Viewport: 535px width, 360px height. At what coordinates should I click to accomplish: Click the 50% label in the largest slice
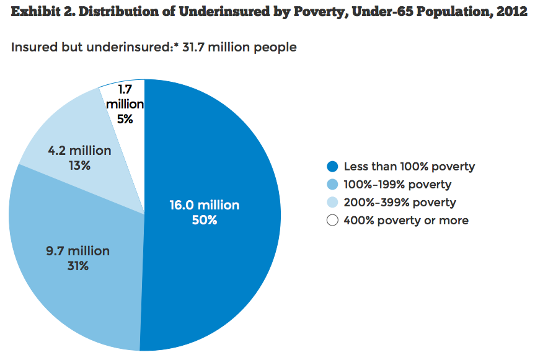pyautogui.click(x=205, y=220)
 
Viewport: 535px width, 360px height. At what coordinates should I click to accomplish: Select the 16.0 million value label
pyautogui.click(x=205, y=205)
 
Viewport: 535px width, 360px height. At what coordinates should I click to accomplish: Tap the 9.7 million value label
pyautogui.click(x=77, y=251)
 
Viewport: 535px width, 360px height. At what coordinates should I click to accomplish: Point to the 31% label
pyautogui.click(x=77, y=266)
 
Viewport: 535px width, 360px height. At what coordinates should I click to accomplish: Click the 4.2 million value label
pyautogui.click(x=79, y=151)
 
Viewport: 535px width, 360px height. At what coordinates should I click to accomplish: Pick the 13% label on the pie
pyautogui.click(x=79, y=165)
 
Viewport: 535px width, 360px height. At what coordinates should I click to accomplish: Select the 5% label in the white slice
pyautogui.click(x=125, y=119)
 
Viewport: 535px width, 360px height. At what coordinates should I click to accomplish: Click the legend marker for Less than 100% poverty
pyautogui.click(x=332, y=167)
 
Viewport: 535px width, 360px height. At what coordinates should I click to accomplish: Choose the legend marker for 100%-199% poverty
pyautogui.click(x=332, y=185)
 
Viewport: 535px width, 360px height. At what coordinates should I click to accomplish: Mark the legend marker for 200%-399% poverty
pyautogui.click(x=332, y=203)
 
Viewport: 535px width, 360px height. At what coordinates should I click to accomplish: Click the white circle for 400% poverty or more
pyautogui.click(x=332, y=221)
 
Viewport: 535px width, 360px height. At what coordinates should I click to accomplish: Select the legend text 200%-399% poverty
pyautogui.click(x=400, y=203)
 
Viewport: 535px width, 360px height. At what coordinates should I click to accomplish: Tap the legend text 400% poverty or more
pyautogui.click(x=406, y=221)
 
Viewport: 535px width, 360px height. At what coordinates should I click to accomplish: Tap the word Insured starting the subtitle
pyautogui.click(x=32, y=47)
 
